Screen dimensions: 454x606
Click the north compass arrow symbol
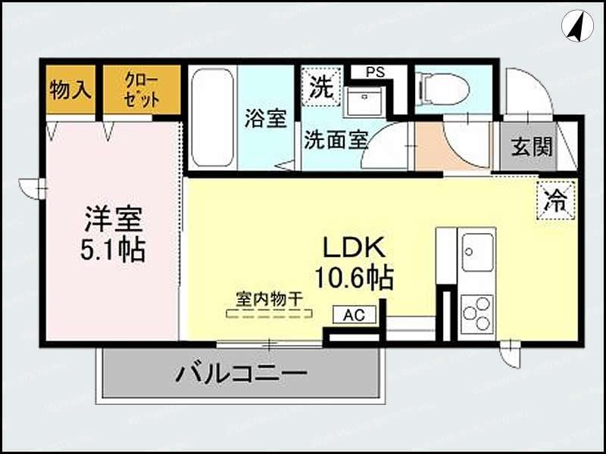[x=577, y=26]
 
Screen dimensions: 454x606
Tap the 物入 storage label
[x=70, y=90]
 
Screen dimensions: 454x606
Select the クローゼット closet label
[x=142, y=90]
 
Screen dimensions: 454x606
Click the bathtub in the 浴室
[x=211, y=118]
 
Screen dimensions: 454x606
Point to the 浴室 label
[x=265, y=119]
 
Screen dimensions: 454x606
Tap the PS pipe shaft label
[x=375, y=73]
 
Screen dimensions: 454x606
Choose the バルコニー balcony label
[x=241, y=372]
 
